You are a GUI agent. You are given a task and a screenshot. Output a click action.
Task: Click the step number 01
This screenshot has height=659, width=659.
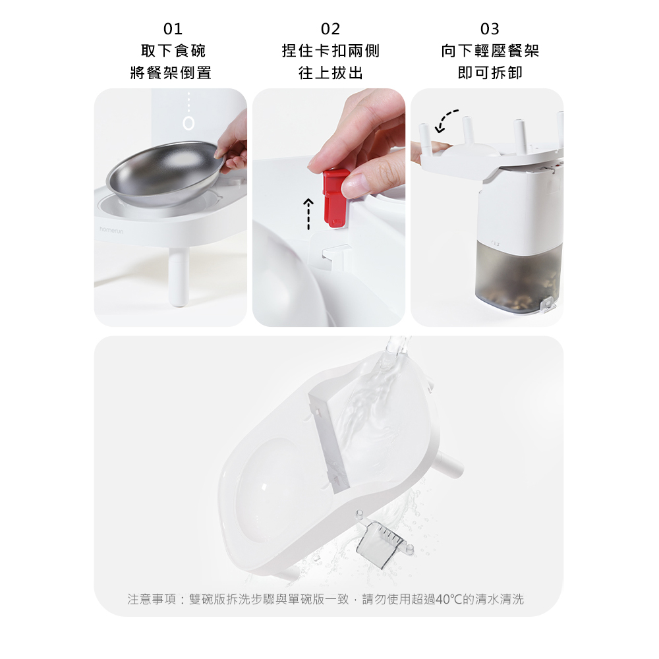pos(173,29)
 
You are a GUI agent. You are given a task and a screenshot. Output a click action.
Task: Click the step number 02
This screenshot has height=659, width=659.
pos(330,29)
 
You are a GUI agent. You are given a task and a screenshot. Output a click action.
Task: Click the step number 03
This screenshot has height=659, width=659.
pos(490,29)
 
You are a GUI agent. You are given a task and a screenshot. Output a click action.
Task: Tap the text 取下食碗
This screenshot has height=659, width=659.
pos(173,51)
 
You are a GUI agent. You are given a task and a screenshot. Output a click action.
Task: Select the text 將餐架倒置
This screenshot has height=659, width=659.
pos(171,72)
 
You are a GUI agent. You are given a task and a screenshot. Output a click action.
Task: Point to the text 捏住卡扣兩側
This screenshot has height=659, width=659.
pos(331,51)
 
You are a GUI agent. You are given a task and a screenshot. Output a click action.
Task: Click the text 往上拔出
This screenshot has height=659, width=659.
pos(331,72)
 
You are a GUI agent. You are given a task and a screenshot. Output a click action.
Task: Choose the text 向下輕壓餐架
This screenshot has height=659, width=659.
pos(490,51)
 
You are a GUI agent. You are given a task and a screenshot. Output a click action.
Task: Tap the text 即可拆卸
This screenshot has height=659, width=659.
pos(490,72)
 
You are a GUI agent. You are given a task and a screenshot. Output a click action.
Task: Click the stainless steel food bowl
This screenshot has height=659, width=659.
pos(165,173)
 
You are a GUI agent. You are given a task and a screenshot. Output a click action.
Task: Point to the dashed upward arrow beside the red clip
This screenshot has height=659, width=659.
pos(308,214)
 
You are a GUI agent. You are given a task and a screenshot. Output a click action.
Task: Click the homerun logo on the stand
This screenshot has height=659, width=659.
pos(111,230)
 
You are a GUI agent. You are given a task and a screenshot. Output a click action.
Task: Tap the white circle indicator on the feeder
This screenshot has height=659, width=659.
pos(188,123)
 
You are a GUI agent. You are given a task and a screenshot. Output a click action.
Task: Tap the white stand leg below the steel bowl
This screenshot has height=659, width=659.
pos(179,277)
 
